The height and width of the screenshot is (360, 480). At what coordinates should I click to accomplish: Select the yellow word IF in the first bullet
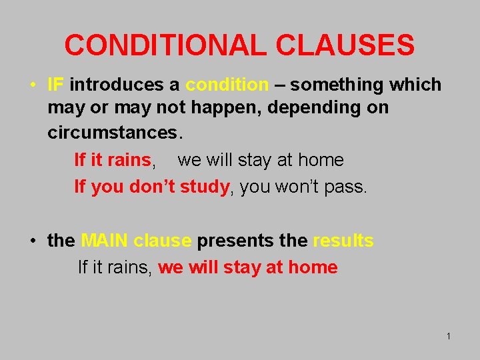[55, 85]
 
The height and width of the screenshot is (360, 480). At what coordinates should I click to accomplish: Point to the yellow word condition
[227, 85]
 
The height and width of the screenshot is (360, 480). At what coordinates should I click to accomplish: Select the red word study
[204, 187]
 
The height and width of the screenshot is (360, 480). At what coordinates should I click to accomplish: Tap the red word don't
[152, 187]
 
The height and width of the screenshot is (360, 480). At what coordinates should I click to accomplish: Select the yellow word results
[343, 241]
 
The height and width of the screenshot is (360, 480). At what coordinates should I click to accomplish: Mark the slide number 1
[449, 336]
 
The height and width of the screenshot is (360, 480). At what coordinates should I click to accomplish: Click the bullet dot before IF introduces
[32, 85]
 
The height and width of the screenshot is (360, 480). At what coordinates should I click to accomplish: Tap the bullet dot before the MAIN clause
[32, 241]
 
